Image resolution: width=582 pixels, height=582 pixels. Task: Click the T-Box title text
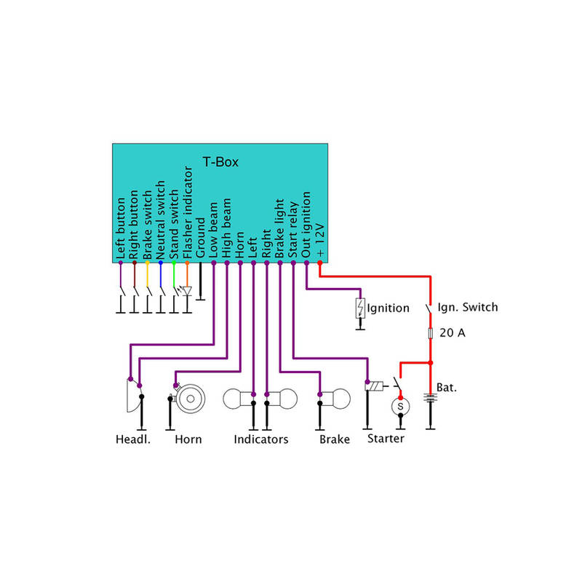point(220,162)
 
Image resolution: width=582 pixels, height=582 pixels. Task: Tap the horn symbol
point(191,397)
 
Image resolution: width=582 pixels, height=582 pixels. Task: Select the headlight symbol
point(132,397)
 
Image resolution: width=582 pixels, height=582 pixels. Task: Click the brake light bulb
point(335,400)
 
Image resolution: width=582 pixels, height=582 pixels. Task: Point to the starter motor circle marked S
point(399,406)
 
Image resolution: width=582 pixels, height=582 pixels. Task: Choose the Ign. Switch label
point(467,307)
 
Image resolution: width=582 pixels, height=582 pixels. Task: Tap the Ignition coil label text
point(388,308)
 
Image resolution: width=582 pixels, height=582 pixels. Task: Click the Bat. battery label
point(447,388)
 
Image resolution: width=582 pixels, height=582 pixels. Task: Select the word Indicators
point(260,439)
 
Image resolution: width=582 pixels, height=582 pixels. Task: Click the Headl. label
point(132,439)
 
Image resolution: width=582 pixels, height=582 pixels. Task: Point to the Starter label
point(386,439)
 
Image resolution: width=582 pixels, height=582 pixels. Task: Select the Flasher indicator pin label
point(187,214)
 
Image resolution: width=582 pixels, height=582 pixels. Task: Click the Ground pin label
point(201,237)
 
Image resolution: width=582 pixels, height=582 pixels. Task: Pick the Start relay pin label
point(293,229)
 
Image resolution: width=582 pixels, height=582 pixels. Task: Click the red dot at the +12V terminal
point(320,274)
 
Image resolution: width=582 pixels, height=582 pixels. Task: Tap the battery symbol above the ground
point(431,399)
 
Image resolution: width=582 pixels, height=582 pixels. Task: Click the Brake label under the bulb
point(335,439)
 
